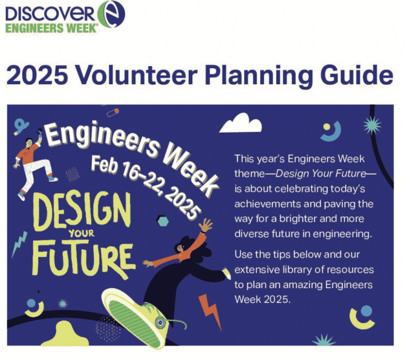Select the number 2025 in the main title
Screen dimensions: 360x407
(x=35, y=75)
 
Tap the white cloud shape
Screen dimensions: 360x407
(x=241, y=125)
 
